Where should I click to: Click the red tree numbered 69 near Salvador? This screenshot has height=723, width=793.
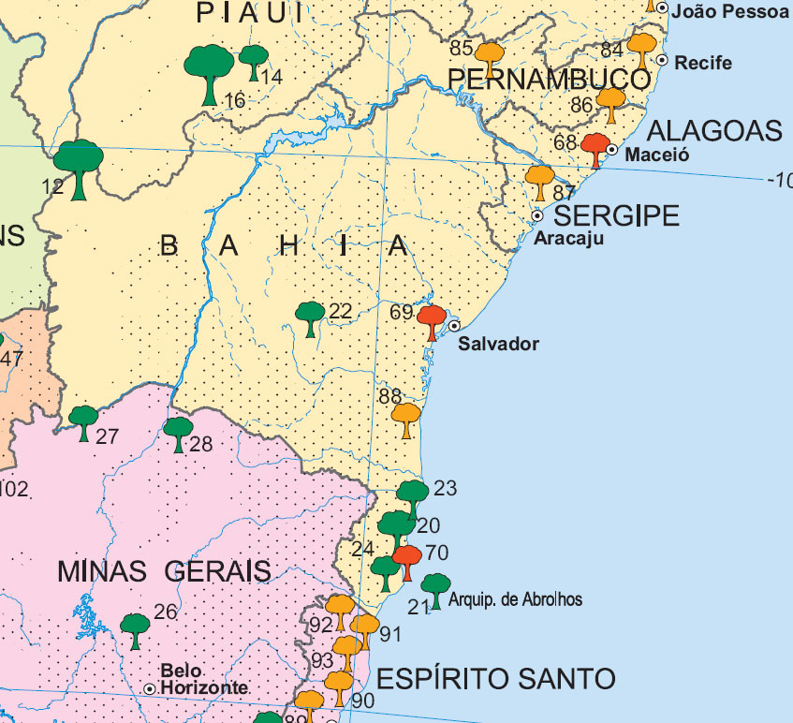(x=432, y=320)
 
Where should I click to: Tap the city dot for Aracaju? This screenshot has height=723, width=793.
(x=537, y=215)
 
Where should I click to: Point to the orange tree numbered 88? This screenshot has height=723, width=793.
(x=405, y=419)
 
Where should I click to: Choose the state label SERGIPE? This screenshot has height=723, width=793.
(x=619, y=216)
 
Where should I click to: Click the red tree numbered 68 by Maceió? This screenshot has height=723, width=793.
(x=595, y=149)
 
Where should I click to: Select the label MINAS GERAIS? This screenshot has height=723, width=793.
(x=164, y=570)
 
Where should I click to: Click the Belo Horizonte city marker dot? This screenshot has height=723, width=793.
(x=149, y=688)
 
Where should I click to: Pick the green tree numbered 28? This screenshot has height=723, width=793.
(x=178, y=434)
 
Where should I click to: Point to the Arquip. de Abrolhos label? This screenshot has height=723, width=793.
(x=515, y=599)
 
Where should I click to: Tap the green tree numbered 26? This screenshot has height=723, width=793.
(x=136, y=629)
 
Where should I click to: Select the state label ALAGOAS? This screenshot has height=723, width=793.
(x=714, y=130)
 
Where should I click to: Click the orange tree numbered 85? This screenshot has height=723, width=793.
(x=489, y=56)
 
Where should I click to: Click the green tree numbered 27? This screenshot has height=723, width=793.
(x=84, y=422)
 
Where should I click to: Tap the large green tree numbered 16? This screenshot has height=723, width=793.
(x=209, y=71)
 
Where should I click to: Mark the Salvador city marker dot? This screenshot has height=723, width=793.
(x=454, y=326)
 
